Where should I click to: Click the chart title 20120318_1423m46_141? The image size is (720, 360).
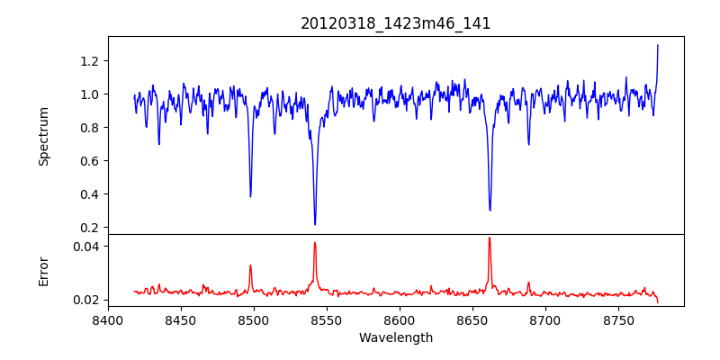tap(396, 23)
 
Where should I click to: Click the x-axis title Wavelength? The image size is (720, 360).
tap(396, 338)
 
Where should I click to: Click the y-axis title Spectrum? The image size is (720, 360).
tap(43, 136)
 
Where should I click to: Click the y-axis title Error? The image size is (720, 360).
tap(43, 271)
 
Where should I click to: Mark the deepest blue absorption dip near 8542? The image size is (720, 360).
tap(315, 224)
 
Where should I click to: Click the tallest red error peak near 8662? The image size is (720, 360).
tap(490, 238)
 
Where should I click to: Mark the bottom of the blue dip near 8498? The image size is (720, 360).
tap(250, 196)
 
